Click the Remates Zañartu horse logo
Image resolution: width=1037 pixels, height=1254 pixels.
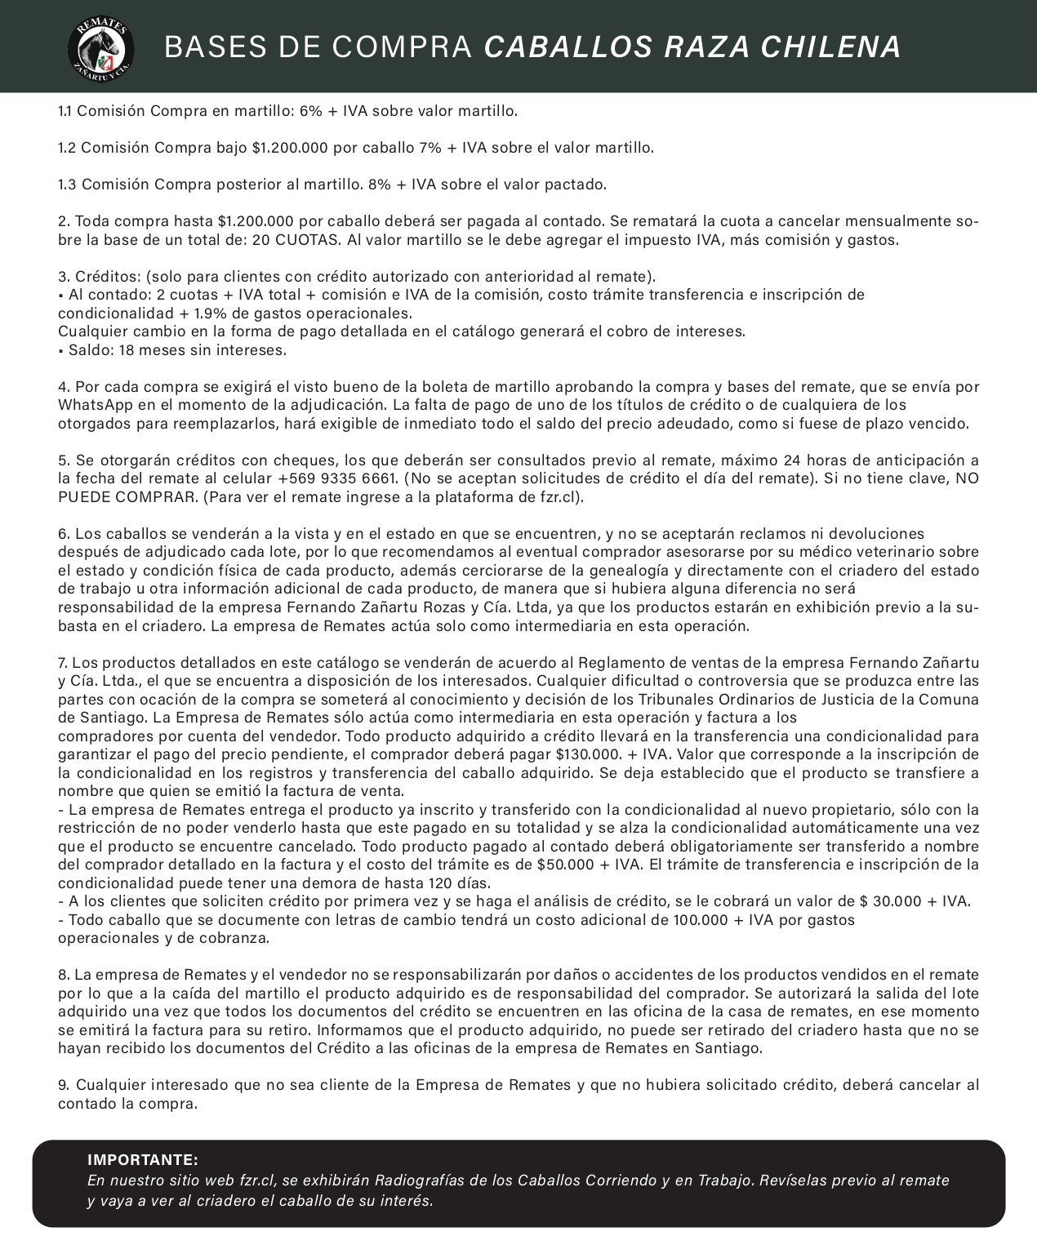click(x=100, y=47)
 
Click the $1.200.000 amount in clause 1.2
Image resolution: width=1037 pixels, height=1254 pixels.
click(x=290, y=148)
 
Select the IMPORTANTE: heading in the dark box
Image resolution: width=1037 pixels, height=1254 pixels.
click(x=143, y=1160)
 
